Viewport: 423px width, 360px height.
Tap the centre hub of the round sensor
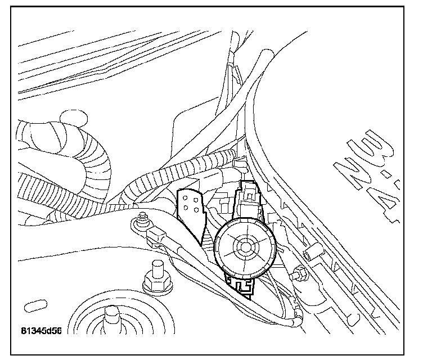pyautogui.click(x=245, y=246)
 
